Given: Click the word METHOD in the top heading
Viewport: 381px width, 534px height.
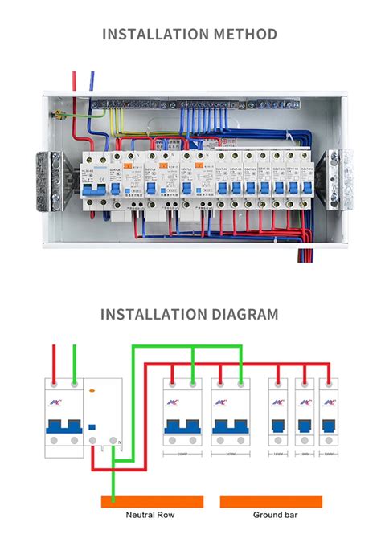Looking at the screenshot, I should point(244,34).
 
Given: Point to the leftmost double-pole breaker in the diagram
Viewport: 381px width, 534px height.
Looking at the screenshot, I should point(63,418).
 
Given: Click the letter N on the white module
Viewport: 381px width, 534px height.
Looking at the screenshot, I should point(118,441).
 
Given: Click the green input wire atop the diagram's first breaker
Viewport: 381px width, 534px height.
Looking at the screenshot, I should point(74,362).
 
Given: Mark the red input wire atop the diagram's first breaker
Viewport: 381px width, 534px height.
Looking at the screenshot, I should point(54,362).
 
